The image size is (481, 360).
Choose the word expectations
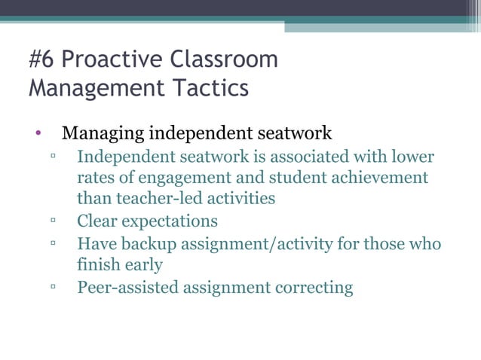[x=171, y=221]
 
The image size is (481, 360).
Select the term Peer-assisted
[x=127, y=288]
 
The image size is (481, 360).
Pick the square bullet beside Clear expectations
[x=55, y=221]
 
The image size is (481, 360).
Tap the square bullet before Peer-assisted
[x=55, y=287]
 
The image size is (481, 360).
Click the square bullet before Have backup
[x=55, y=244]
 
